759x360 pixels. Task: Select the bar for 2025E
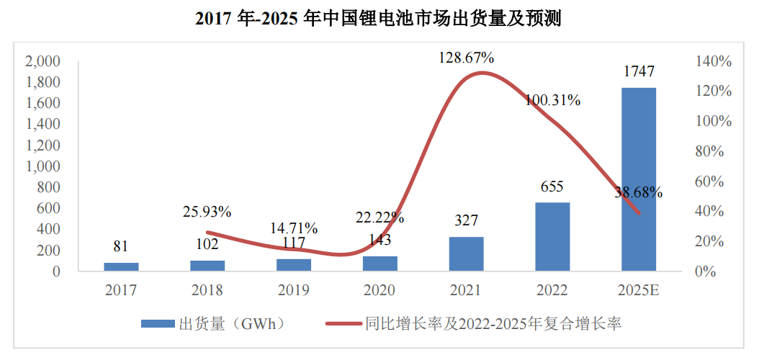click(639, 179)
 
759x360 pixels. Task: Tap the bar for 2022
click(552, 237)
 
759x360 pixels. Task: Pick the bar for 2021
click(466, 254)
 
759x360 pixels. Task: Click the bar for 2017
click(121, 267)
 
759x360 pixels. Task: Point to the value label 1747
click(639, 71)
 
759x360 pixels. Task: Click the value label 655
click(552, 186)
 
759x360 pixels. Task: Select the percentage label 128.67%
click(467, 57)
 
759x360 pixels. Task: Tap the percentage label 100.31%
click(552, 100)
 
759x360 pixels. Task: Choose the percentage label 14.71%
click(293, 228)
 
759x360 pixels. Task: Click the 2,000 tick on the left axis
click(42, 61)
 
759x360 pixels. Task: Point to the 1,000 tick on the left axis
click(42, 166)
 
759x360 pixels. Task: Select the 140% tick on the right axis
click(713, 61)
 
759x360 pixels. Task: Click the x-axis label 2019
click(293, 290)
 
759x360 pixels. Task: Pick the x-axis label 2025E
click(639, 290)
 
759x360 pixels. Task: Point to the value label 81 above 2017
click(120, 246)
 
